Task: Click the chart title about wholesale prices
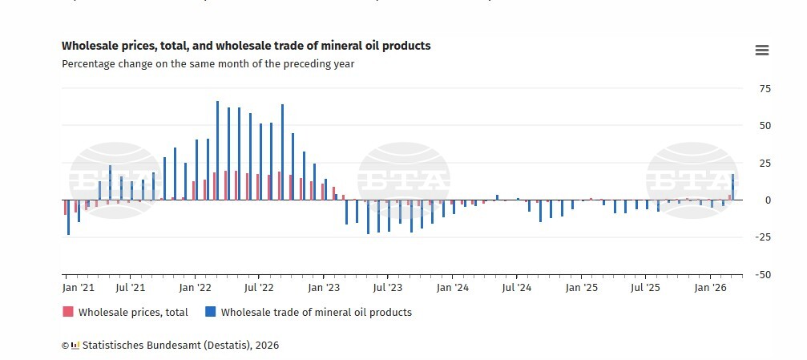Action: click(246, 47)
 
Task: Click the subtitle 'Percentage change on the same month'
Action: click(208, 64)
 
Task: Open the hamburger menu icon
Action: click(761, 51)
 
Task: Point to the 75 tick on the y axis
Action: click(765, 89)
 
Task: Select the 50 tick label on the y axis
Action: click(765, 126)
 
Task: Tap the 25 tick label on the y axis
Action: click(765, 164)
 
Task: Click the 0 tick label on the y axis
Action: click(768, 200)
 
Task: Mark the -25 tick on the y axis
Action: click(763, 237)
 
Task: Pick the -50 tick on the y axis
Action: click(763, 274)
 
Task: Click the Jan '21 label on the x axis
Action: click(79, 287)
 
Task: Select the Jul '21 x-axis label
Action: click(131, 287)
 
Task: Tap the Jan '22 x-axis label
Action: click(195, 287)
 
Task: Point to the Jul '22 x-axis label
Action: click(259, 287)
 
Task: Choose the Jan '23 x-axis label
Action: click(324, 287)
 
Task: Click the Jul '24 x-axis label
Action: click(518, 287)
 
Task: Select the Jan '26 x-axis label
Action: click(710, 287)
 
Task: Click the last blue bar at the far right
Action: click(732, 187)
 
